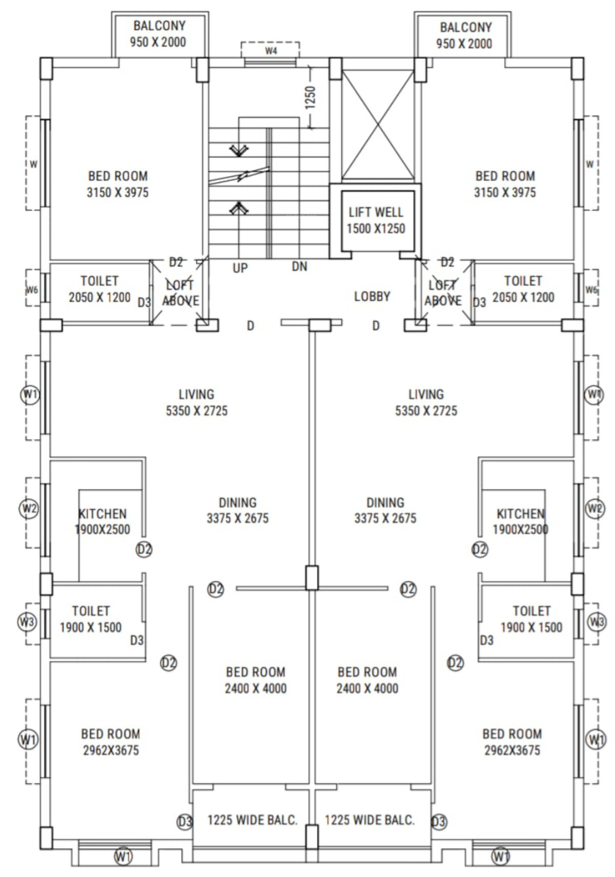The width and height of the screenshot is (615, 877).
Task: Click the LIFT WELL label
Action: point(376,212)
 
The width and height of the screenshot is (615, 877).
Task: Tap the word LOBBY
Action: point(372,296)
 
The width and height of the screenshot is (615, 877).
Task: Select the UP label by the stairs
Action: point(240,268)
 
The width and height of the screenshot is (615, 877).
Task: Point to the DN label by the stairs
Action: point(299,267)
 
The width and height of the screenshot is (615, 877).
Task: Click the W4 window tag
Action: point(271,50)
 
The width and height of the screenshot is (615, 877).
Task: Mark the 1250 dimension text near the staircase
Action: point(310,98)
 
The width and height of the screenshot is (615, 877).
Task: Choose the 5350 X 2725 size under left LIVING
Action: point(196,411)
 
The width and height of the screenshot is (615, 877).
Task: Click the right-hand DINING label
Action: point(385,502)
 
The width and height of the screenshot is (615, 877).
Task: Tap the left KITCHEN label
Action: point(102,514)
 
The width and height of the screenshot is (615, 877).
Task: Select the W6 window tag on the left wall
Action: point(32,290)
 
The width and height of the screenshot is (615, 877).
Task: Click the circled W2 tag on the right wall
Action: point(594,509)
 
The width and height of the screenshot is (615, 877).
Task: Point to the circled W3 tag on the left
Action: point(27,622)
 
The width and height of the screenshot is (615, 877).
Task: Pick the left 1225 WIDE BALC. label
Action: point(252,820)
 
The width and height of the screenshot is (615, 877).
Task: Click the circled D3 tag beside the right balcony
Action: point(439,821)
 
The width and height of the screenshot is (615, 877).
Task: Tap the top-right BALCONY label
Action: point(465,27)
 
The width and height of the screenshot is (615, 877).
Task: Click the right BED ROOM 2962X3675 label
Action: point(512,742)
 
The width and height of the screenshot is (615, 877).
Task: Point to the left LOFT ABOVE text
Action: point(180,293)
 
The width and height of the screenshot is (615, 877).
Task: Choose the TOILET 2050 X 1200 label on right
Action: point(523,289)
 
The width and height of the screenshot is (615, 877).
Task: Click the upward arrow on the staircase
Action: point(239,208)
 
